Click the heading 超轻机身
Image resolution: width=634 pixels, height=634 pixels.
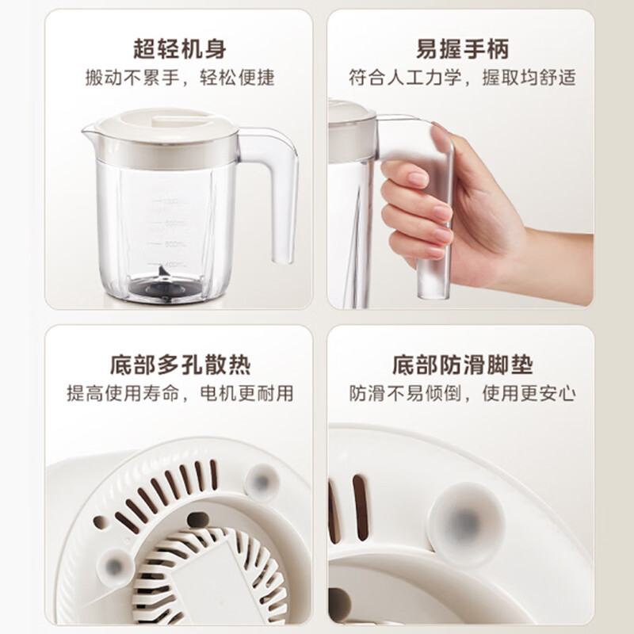click(x=180, y=49)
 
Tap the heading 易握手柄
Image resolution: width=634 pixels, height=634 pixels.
click(x=462, y=49)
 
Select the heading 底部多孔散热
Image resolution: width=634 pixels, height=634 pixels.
click(x=180, y=365)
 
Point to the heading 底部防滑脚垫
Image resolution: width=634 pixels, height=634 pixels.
click(x=462, y=365)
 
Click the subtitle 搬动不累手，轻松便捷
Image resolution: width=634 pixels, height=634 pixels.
click(x=180, y=78)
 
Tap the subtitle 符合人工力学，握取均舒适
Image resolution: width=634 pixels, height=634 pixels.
click(x=462, y=78)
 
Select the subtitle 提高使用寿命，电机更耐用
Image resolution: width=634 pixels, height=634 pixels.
click(x=180, y=393)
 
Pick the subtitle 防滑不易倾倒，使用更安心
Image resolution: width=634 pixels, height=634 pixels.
click(x=462, y=393)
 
